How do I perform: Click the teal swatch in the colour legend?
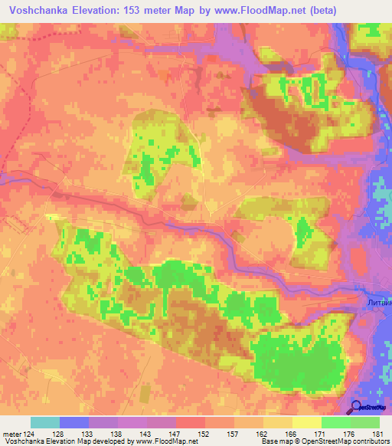(x=44, y=422)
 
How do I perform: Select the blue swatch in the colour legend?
(x=73, y=422)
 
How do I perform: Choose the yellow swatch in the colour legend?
(x=305, y=422)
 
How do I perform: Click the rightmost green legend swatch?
(x=364, y=422)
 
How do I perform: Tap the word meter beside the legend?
(x=11, y=434)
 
